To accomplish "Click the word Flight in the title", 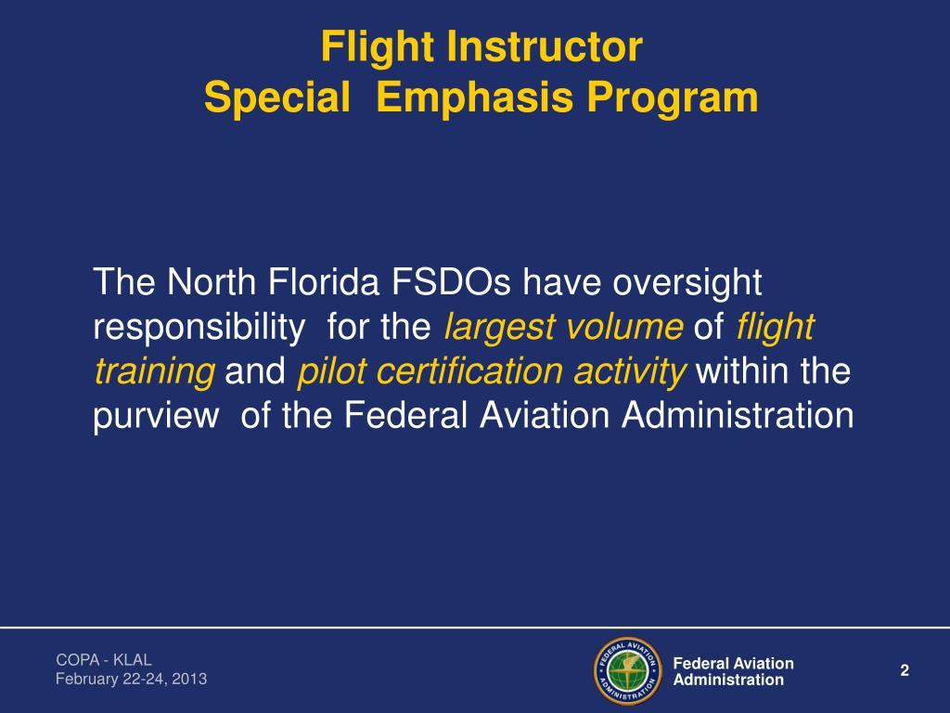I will click(x=376, y=47).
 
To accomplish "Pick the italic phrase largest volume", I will click(x=564, y=327).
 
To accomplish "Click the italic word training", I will click(x=154, y=371).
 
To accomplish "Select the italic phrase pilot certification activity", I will click(x=492, y=371).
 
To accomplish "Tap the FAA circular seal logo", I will click(x=628, y=671).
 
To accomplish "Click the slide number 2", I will click(x=905, y=671).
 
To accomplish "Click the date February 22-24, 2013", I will click(x=131, y=680).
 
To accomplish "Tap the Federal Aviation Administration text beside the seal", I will click(x=733, y=671).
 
